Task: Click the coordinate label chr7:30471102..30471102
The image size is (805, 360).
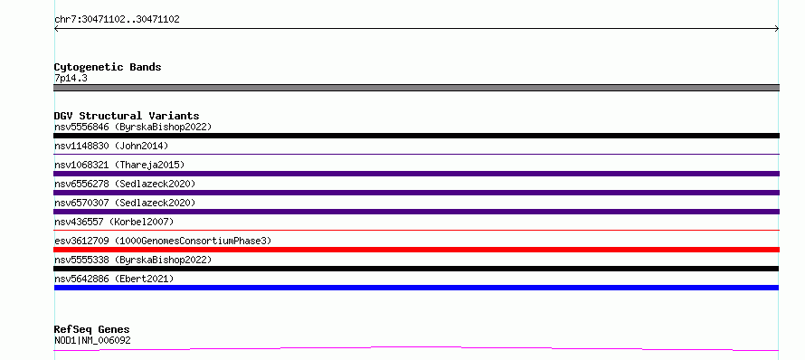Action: click(117, 20)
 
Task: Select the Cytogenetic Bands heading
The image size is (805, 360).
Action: click(108, 67)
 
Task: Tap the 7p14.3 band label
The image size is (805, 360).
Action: click(71, 78)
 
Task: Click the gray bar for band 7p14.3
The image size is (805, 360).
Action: click(416, 88)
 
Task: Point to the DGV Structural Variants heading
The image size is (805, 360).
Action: click(127, 116)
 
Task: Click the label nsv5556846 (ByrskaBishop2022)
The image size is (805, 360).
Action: click(133, 127)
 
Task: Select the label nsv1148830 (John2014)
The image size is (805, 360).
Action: click(111, 146)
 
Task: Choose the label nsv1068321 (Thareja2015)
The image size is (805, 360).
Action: click(119, 165)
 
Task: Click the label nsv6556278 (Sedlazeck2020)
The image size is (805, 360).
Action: click(125, 184)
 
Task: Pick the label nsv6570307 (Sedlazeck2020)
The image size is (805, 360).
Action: click(125, 203)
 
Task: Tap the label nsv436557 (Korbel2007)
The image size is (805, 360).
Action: click(114, 222)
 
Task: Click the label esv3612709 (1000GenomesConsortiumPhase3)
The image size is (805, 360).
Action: click(163, 241)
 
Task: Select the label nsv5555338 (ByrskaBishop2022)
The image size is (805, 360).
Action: click(133, 260)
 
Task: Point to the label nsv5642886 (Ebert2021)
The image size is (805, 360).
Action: click(114, 279)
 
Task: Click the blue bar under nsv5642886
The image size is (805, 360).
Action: click(416, 288)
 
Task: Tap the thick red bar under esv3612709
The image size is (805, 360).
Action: click(416, 250)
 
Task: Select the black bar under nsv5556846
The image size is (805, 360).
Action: click(416, 136)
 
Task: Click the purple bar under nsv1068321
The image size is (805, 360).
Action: click(416, 174)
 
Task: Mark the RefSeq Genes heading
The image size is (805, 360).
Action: click(92, 330)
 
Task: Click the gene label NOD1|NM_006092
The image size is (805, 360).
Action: click(92, 340)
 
